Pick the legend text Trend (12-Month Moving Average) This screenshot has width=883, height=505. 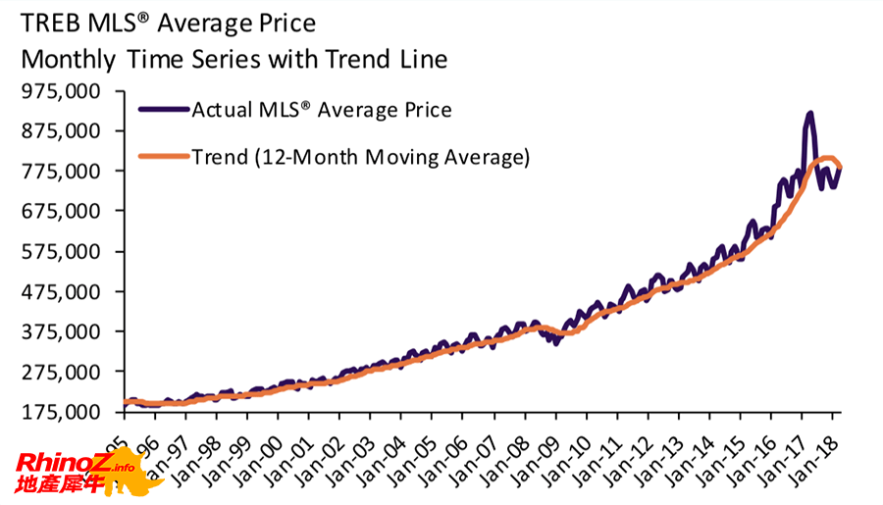click(x=360, y=157)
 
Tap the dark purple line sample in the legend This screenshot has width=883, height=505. click(x=164, y=110)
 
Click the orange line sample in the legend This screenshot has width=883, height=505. click(x=164, y=157)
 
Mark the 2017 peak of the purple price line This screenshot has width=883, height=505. click(x=809, y=115)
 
